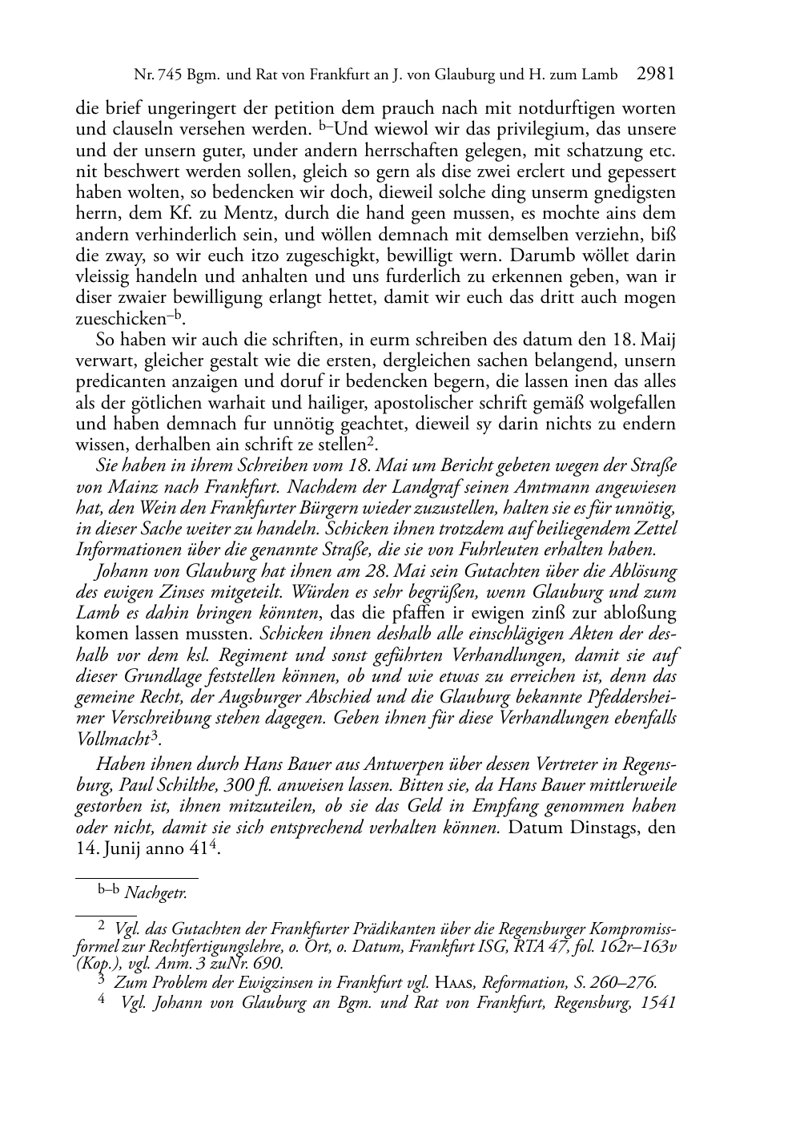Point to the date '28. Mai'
pos(377,571)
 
